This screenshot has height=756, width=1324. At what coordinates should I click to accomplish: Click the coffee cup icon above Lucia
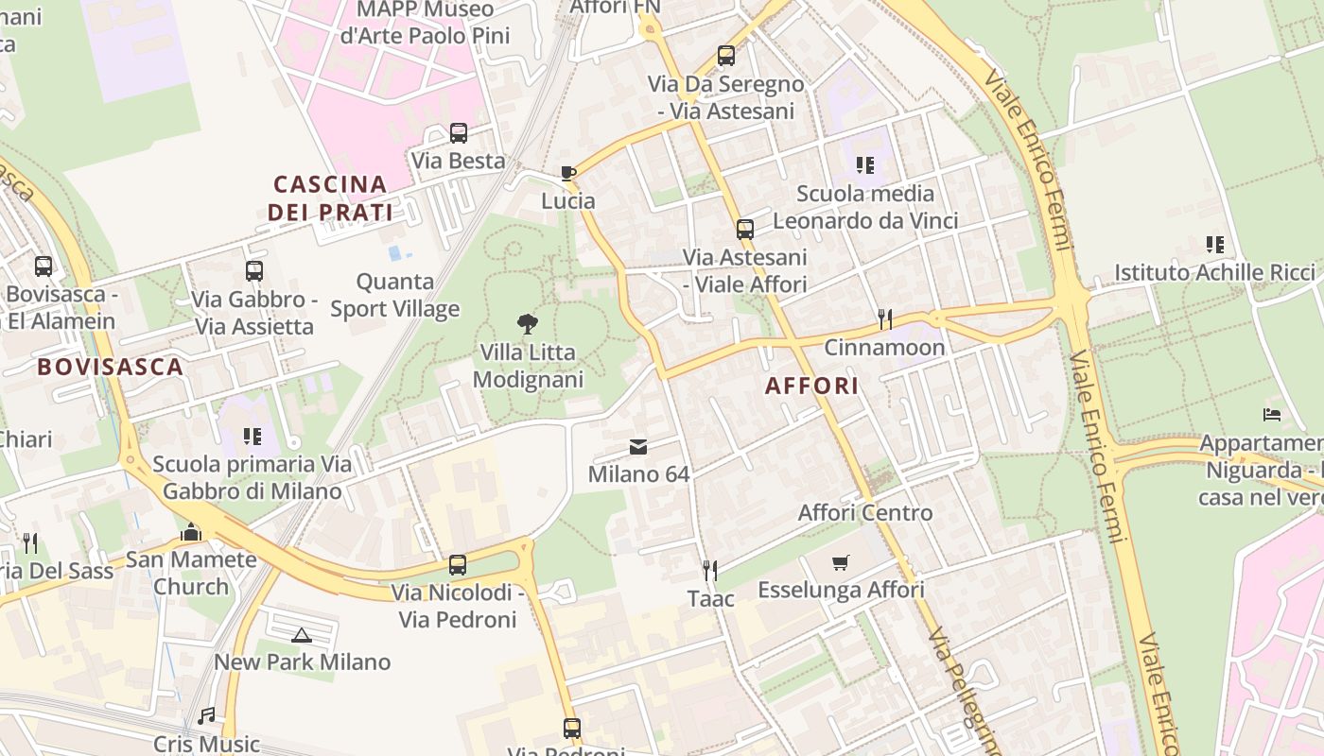tap(567, 173)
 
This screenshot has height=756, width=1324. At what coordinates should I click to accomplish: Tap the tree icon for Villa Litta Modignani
tap(528, 324)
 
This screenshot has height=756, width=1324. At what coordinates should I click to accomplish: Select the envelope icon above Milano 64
tap(638, 447)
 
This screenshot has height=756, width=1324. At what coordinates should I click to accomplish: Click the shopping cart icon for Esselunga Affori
tap(841, 562)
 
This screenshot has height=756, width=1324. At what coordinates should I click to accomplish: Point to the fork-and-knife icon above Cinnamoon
tap(884, 319)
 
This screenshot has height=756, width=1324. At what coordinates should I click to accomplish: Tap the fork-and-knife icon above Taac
tap(710, 570)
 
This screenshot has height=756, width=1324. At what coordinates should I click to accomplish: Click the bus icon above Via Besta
tap(459, 133)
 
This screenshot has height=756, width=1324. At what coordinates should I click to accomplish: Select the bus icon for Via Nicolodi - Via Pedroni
tap(458, 565)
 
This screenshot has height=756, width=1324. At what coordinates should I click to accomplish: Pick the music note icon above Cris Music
tap(206, 716)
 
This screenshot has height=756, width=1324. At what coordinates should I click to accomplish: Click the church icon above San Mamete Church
tap(191, 532)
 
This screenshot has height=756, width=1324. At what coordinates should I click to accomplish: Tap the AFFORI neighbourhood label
tap(811, 386)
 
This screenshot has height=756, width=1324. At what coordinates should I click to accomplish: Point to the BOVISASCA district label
tap(110, 367)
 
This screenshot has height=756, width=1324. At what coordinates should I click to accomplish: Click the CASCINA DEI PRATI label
tap(329, 198)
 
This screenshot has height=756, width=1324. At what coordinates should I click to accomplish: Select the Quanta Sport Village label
tap(394, 295)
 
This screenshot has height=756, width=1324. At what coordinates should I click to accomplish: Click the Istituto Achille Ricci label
tap(1214, 273)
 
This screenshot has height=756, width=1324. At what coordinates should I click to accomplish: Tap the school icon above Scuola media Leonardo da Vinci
tap(864, 165)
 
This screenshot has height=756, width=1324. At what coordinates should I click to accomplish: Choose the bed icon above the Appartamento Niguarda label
tap(1272, 415)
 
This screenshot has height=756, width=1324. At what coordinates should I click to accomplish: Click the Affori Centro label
tap(865, 513)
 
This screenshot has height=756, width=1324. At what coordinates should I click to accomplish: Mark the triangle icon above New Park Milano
tap(301, 635)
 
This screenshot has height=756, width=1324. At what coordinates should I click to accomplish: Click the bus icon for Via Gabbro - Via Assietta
tap(253, 271)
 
